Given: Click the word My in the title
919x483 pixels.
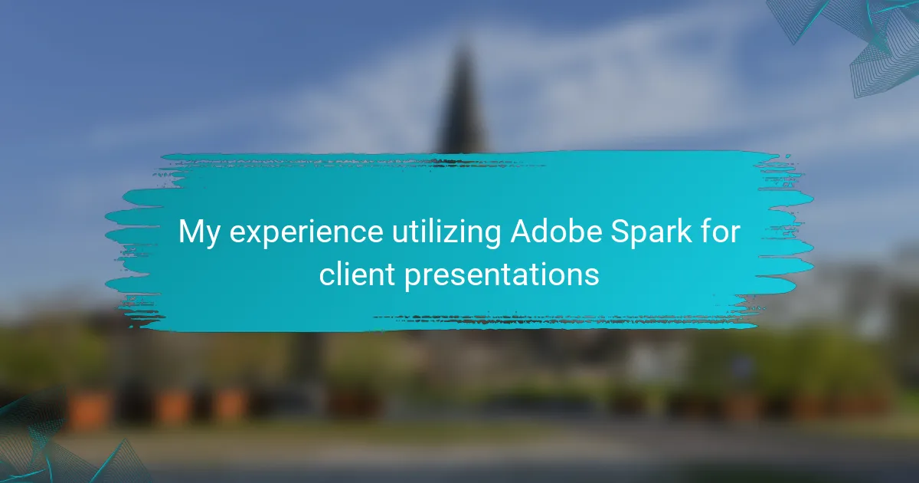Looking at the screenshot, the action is coord(199,233).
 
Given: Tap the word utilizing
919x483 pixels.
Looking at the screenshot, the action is coord(446,233).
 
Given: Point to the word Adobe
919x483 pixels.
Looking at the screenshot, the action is coord(556,232).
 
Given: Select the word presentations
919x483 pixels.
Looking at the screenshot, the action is coord(502,276).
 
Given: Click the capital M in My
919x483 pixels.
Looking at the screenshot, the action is coord(191,232).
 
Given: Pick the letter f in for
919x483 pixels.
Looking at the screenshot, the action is coord(705,231).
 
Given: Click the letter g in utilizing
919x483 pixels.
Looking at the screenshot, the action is coord(492,238).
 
